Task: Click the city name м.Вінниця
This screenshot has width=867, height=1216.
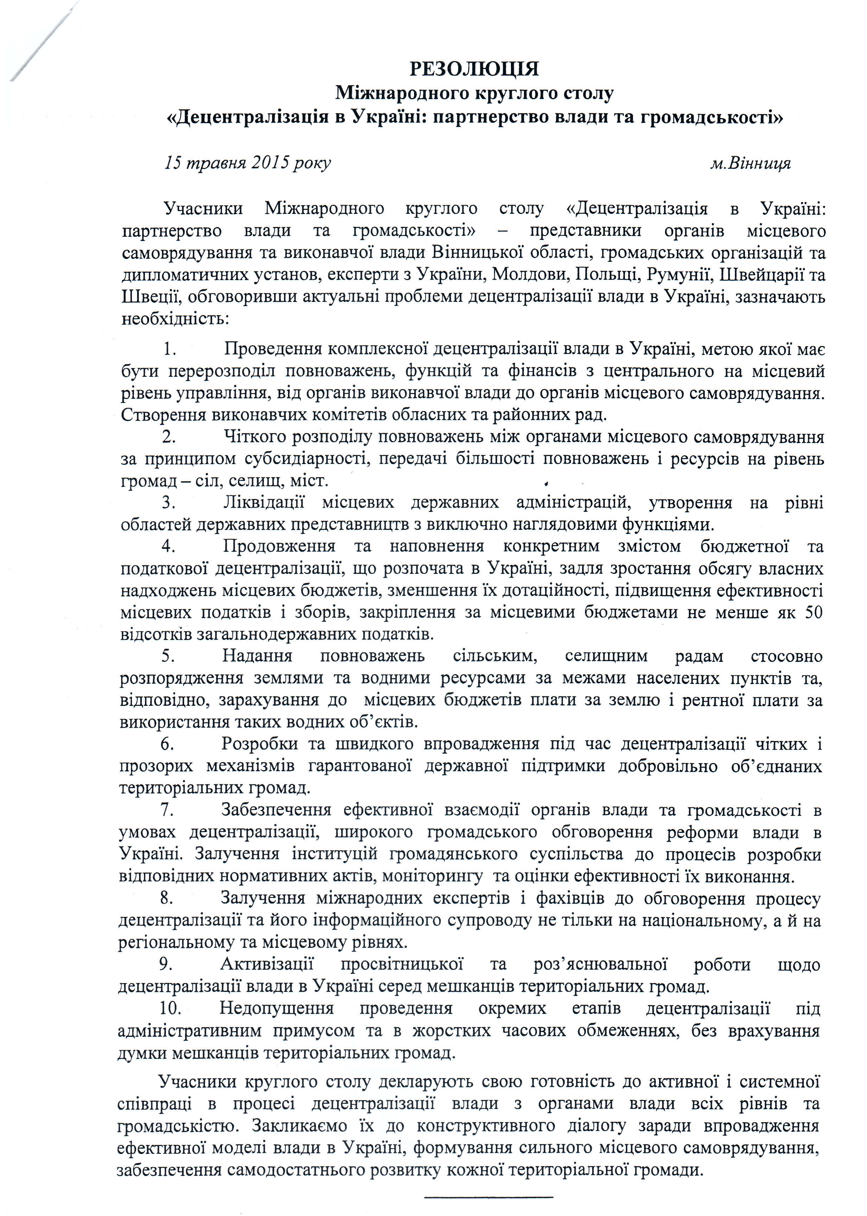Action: [751, 163]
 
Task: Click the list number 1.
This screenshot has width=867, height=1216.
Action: [170, 349]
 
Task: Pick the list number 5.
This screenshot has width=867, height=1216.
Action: [169, 655]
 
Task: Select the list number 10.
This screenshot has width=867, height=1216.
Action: [171, 1008]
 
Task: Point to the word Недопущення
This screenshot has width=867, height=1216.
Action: [277, 1008]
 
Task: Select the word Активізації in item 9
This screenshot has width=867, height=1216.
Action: [267, 964]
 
